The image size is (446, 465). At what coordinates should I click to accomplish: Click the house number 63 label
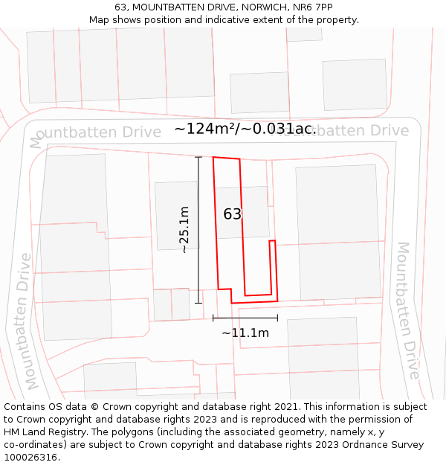[233, 214]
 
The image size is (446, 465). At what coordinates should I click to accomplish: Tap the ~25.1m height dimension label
[185, 230]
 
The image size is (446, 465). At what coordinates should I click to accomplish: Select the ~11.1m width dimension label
[245, 333]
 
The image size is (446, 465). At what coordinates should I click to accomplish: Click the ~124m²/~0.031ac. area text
[245, 129]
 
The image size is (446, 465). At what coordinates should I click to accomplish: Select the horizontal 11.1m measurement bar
[245, 318]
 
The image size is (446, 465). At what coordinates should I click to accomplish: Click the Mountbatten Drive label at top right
[349, 131]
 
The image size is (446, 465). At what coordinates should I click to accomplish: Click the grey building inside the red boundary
[242, 212]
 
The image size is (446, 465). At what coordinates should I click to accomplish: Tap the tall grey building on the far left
[74, 246]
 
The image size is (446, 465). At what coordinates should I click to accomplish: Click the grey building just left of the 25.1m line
[176, 215]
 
